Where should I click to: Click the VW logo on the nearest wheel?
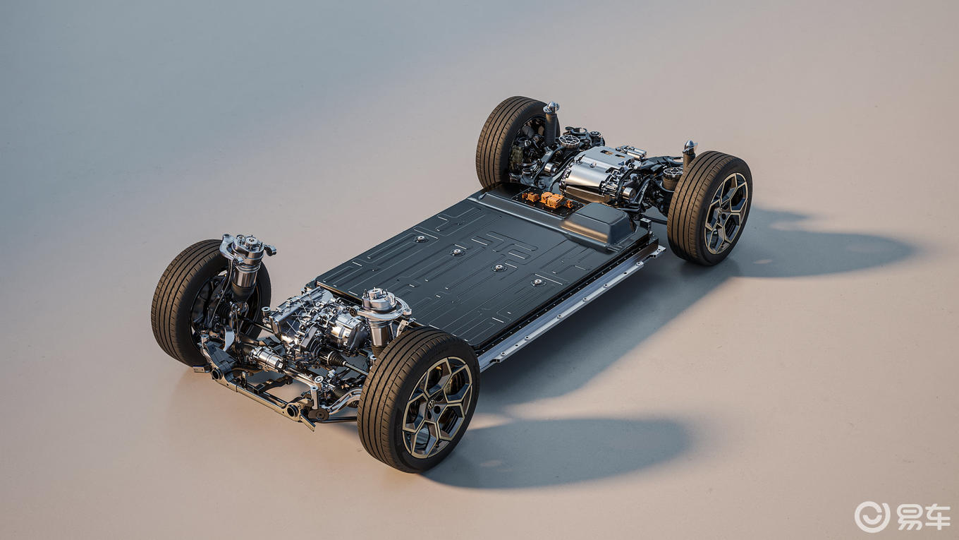tap(432, 403)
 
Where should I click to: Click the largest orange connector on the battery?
tap(554, 200)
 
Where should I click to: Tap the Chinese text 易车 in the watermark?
tap(922, 517)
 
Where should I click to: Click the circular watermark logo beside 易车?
tap(872, 517)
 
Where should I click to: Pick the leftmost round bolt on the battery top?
tap(421, 239)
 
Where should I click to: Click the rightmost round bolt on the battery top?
tap(538, 282)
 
